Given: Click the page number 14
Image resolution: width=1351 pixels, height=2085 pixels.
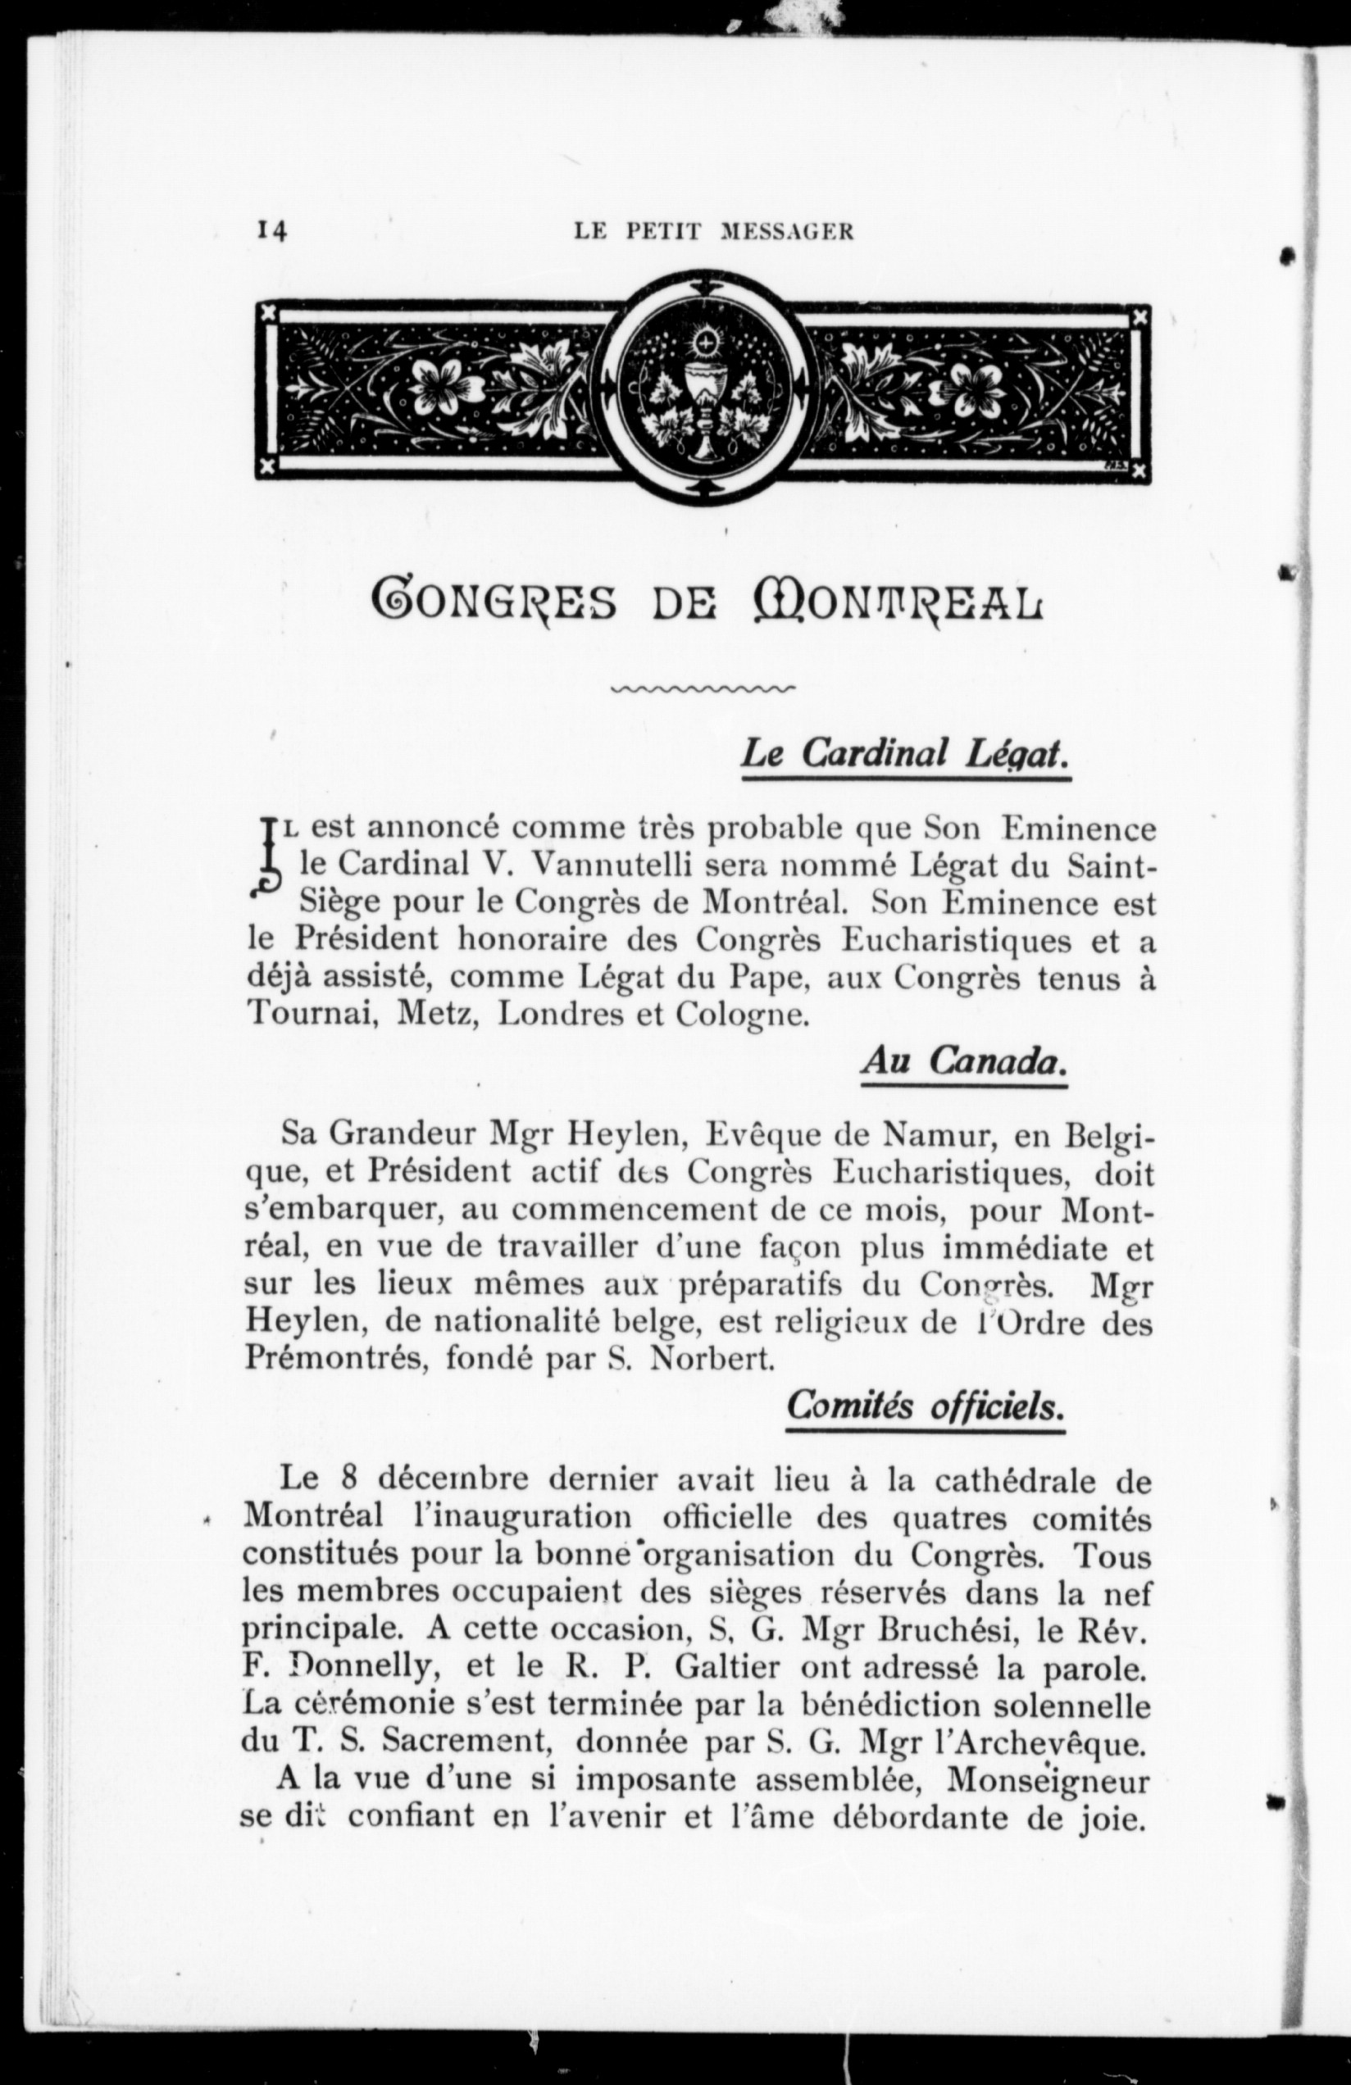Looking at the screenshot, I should point(271,230).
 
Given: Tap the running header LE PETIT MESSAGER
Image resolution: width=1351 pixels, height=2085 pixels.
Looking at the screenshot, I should point(714,231).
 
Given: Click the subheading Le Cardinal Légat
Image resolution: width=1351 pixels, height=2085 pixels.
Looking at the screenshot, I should point(905,753).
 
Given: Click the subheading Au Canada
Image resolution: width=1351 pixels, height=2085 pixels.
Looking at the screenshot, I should point(964,1062).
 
